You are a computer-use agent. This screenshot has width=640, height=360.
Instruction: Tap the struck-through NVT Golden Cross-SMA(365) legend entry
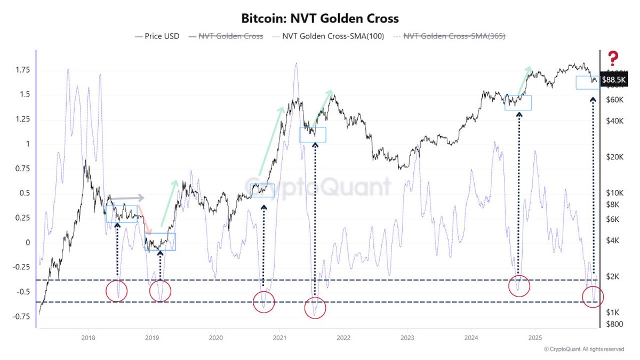tap(454, 36)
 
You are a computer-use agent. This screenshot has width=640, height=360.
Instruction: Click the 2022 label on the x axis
tap(343, 338)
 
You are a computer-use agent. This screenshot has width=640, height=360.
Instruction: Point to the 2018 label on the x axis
tap(88, 338)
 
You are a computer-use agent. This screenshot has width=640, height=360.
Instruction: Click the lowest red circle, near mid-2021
tap(315, 308)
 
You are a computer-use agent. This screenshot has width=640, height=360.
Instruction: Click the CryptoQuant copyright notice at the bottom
tap(583, 349)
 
